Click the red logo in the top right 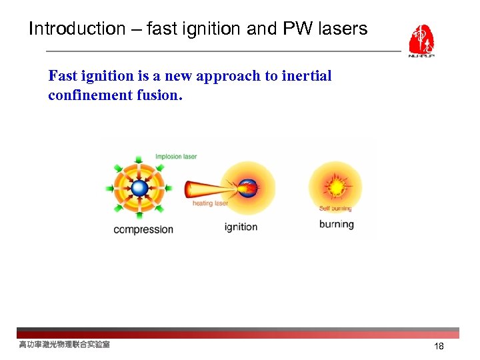(x=421, y=41)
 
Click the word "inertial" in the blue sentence (x=307, y=76)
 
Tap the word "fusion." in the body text (x=160, y=95)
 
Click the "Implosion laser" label (x=176, y=157)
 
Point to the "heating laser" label (x=210, y=203)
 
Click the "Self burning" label (x=335, y=209)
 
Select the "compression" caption (x=143, y=229)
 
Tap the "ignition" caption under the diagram (x=241, y=227)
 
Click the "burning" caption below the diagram (x=336, y=224)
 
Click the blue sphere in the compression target (x=139, y=188)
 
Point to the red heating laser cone (x=203, y=189)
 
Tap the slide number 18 (x=439, y=346)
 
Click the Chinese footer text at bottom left (x=64, y=345)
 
